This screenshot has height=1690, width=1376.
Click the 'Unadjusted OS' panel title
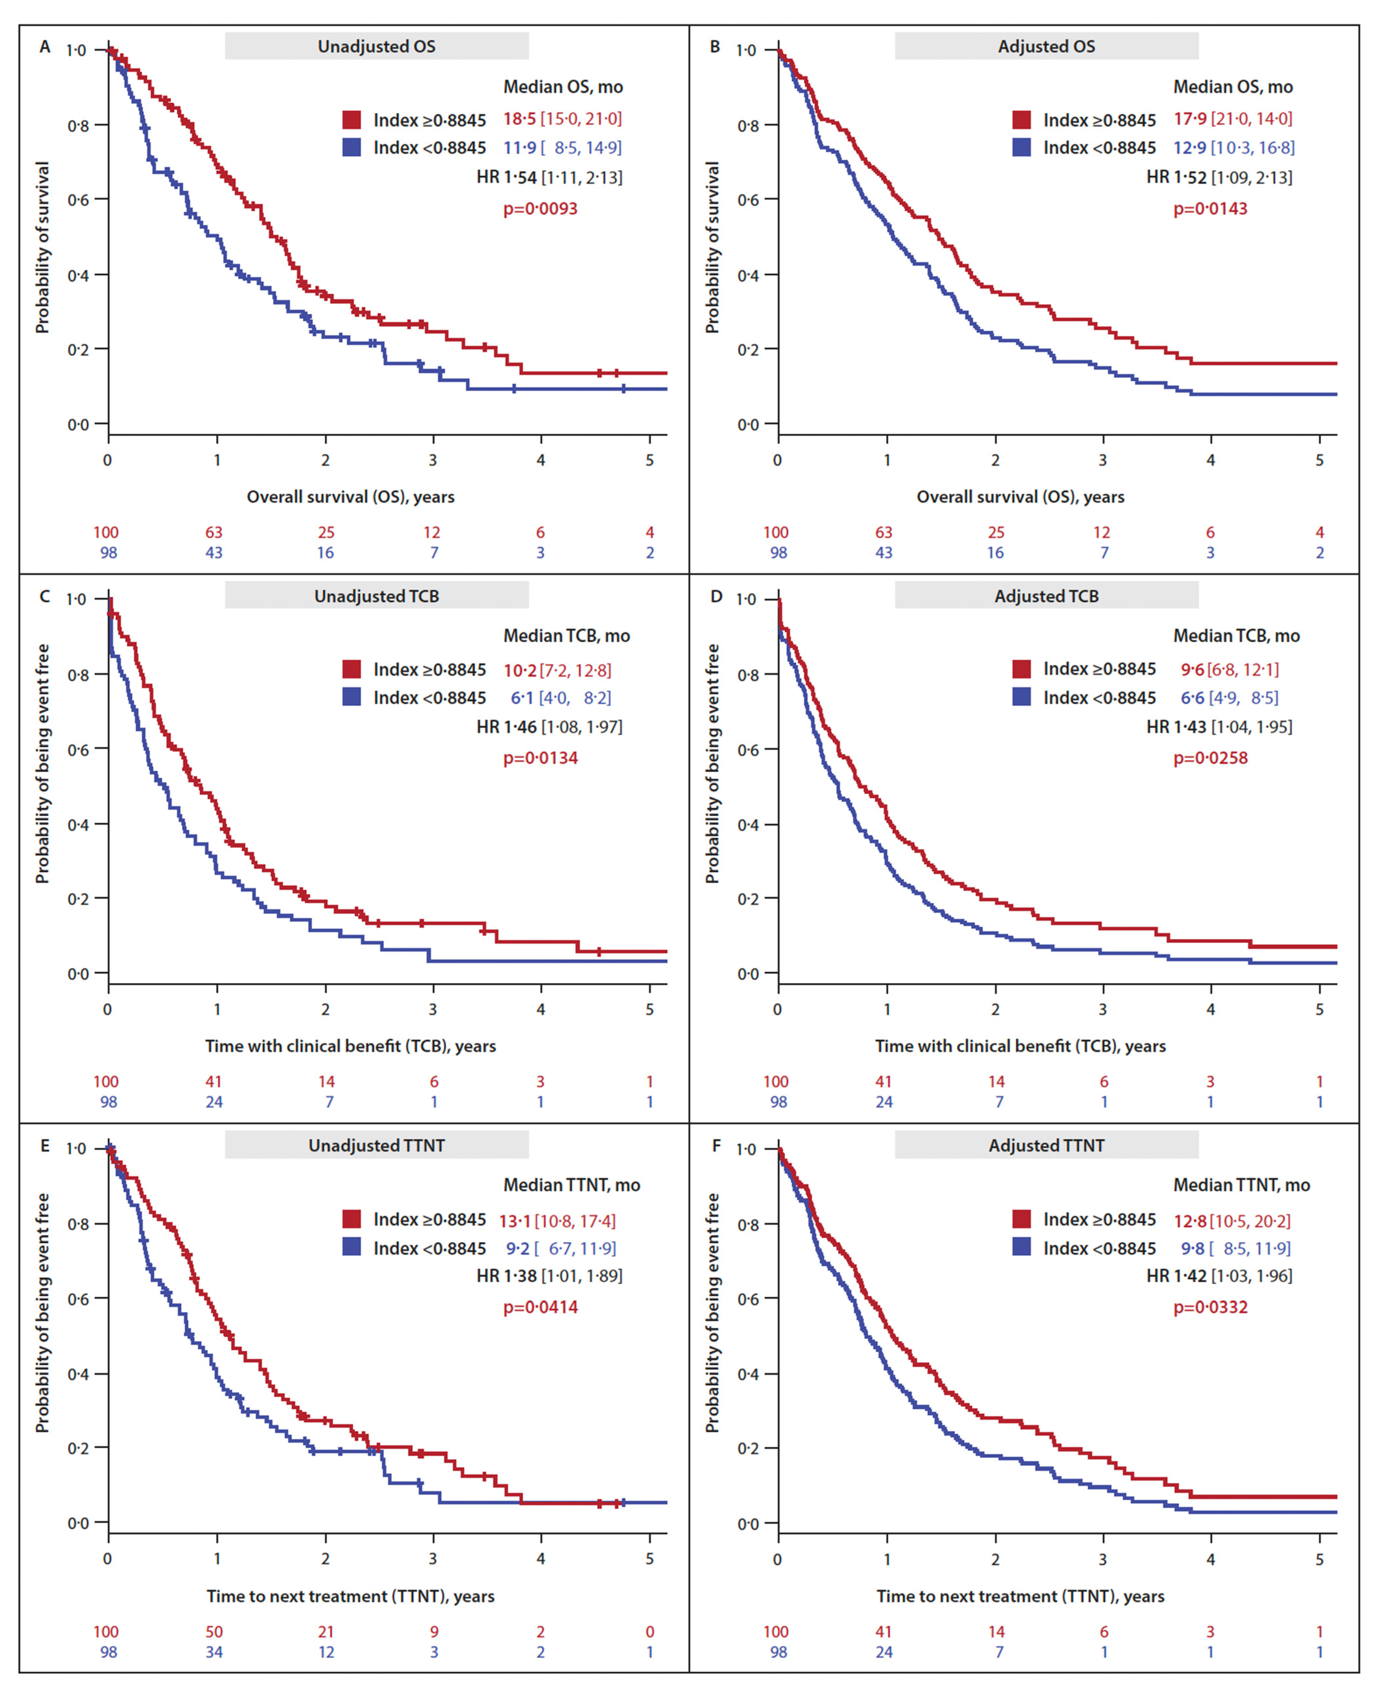click(376, 46)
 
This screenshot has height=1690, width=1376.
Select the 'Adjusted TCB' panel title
click(1046, 596)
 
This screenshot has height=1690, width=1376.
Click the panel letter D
click(716, 596)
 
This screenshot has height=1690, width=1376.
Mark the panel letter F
click(716, 1145)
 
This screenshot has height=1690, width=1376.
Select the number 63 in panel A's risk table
click(214, 532)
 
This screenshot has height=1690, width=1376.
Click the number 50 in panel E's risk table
click(214, 1631)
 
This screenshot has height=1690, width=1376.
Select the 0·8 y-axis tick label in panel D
click(747, 675)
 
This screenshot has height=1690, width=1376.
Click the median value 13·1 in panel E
click(515, 1221)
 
